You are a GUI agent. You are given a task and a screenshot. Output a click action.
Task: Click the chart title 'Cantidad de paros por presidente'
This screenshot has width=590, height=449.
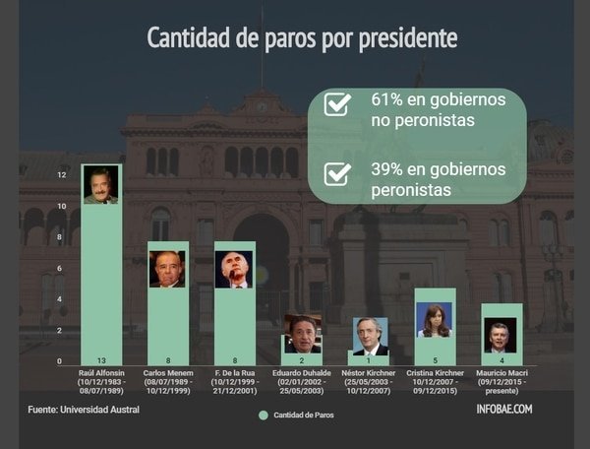click(301, 37)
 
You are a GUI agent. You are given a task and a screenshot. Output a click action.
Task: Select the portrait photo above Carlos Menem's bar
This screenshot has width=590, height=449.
click(167, 268)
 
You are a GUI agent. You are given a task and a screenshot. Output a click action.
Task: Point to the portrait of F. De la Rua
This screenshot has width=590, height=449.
click(234, 268)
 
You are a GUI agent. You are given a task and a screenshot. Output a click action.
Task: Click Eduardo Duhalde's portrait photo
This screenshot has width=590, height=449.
click(302, 333)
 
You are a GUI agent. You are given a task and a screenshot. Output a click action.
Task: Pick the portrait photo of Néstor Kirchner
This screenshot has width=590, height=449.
click(370, 336)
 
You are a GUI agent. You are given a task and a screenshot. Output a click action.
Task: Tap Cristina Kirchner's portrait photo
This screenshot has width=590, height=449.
click(435, 320)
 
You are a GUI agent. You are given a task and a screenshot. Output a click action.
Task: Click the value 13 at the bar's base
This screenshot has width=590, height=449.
click(100, 360)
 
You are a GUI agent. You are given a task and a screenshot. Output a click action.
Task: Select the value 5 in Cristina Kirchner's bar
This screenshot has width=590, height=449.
click(435, 360)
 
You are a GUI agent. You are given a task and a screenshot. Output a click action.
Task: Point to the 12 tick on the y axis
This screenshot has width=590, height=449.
click(62, 175)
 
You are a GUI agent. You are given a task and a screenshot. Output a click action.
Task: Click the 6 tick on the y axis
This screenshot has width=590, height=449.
click(62, 268)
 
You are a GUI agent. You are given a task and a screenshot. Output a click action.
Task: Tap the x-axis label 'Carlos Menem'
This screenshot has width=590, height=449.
click(167, 373)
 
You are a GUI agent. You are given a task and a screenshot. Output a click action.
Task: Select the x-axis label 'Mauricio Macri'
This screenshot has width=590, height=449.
click(501, 373)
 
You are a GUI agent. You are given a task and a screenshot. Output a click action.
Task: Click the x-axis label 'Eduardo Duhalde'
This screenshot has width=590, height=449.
click(302, 373)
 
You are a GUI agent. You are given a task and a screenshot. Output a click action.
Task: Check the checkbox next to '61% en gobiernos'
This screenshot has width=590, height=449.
click(337, 103)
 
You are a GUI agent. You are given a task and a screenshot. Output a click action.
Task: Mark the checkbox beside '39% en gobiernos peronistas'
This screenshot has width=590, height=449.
click(337, 174)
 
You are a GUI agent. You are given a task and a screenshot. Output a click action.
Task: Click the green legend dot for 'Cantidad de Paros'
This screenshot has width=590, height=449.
click(263, 416)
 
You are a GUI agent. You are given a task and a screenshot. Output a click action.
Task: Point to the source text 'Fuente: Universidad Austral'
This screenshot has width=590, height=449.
click(84, 409)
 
